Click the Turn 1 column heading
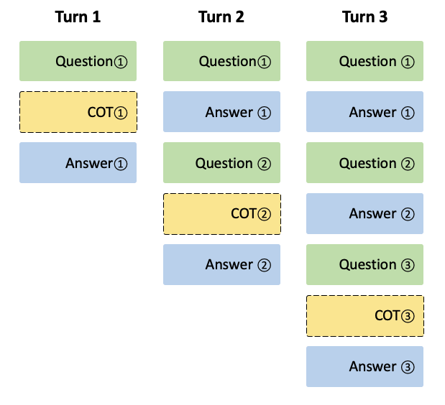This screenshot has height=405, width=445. point(78,17)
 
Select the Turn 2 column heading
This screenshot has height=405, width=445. point(221,17)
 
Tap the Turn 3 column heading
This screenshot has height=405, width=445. point(364,17)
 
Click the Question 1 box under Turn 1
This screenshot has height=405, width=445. point(78,61)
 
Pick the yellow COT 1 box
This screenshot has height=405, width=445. point(78,112)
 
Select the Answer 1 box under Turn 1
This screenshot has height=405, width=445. point(78,163)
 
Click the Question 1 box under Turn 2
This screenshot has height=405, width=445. point(221,61)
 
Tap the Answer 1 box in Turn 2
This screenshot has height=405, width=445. point(221,112)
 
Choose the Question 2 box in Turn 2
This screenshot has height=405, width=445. point(221,163)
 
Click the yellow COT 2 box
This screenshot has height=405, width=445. point(221,214)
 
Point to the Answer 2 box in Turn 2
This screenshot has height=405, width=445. point(221,265)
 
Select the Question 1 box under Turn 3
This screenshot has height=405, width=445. point(364,61)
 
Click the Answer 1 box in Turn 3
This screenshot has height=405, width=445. point(364,112)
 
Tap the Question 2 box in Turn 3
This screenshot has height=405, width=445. point(364,163)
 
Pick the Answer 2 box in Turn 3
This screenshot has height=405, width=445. point(364,214)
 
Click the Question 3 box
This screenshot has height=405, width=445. point(364,265)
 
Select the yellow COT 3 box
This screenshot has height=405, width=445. point(364,316)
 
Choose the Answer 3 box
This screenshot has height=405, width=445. point(364,367)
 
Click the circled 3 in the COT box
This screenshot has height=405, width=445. point(408,316)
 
